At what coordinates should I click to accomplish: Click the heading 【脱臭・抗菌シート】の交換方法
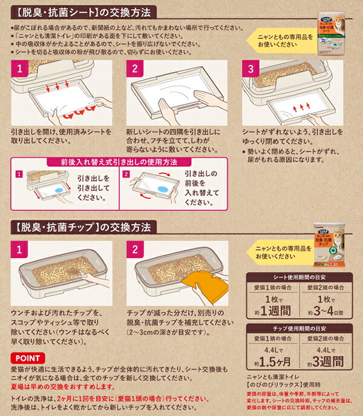click(84, 12)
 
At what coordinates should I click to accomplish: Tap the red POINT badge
click(27, 358)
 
